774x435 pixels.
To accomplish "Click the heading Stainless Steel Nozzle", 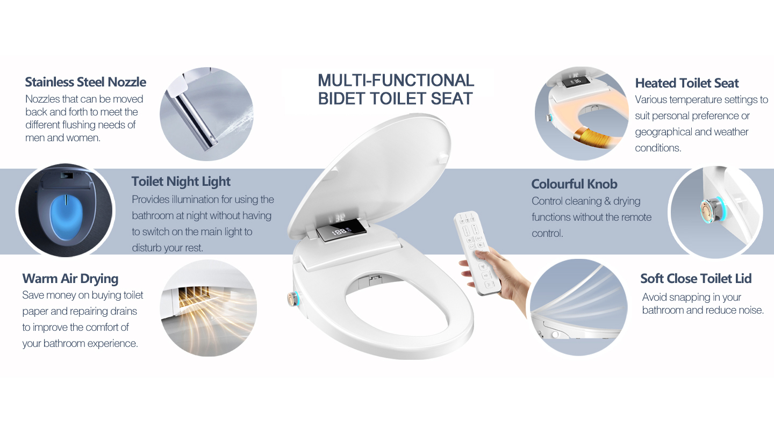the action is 85,82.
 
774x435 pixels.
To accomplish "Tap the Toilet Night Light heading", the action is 181,182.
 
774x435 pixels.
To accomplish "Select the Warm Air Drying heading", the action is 70,279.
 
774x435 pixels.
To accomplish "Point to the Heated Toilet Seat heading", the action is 686,83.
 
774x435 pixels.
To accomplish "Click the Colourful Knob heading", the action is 574,184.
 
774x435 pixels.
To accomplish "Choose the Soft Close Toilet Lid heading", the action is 696,279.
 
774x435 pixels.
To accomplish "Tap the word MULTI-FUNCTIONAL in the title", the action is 396,81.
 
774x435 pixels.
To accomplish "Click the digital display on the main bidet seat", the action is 341,231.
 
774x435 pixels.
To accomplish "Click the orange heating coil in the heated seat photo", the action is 592,138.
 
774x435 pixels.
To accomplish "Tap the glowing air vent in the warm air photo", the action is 194,297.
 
